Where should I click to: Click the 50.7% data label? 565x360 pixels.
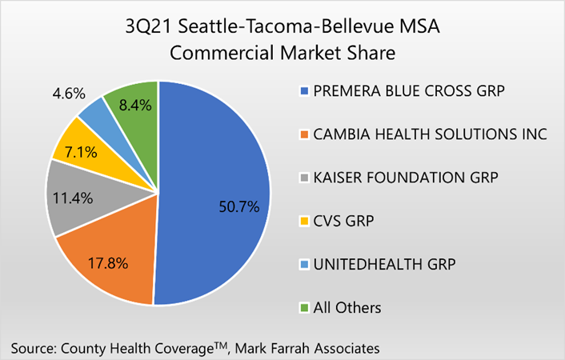tap(238, 207)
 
